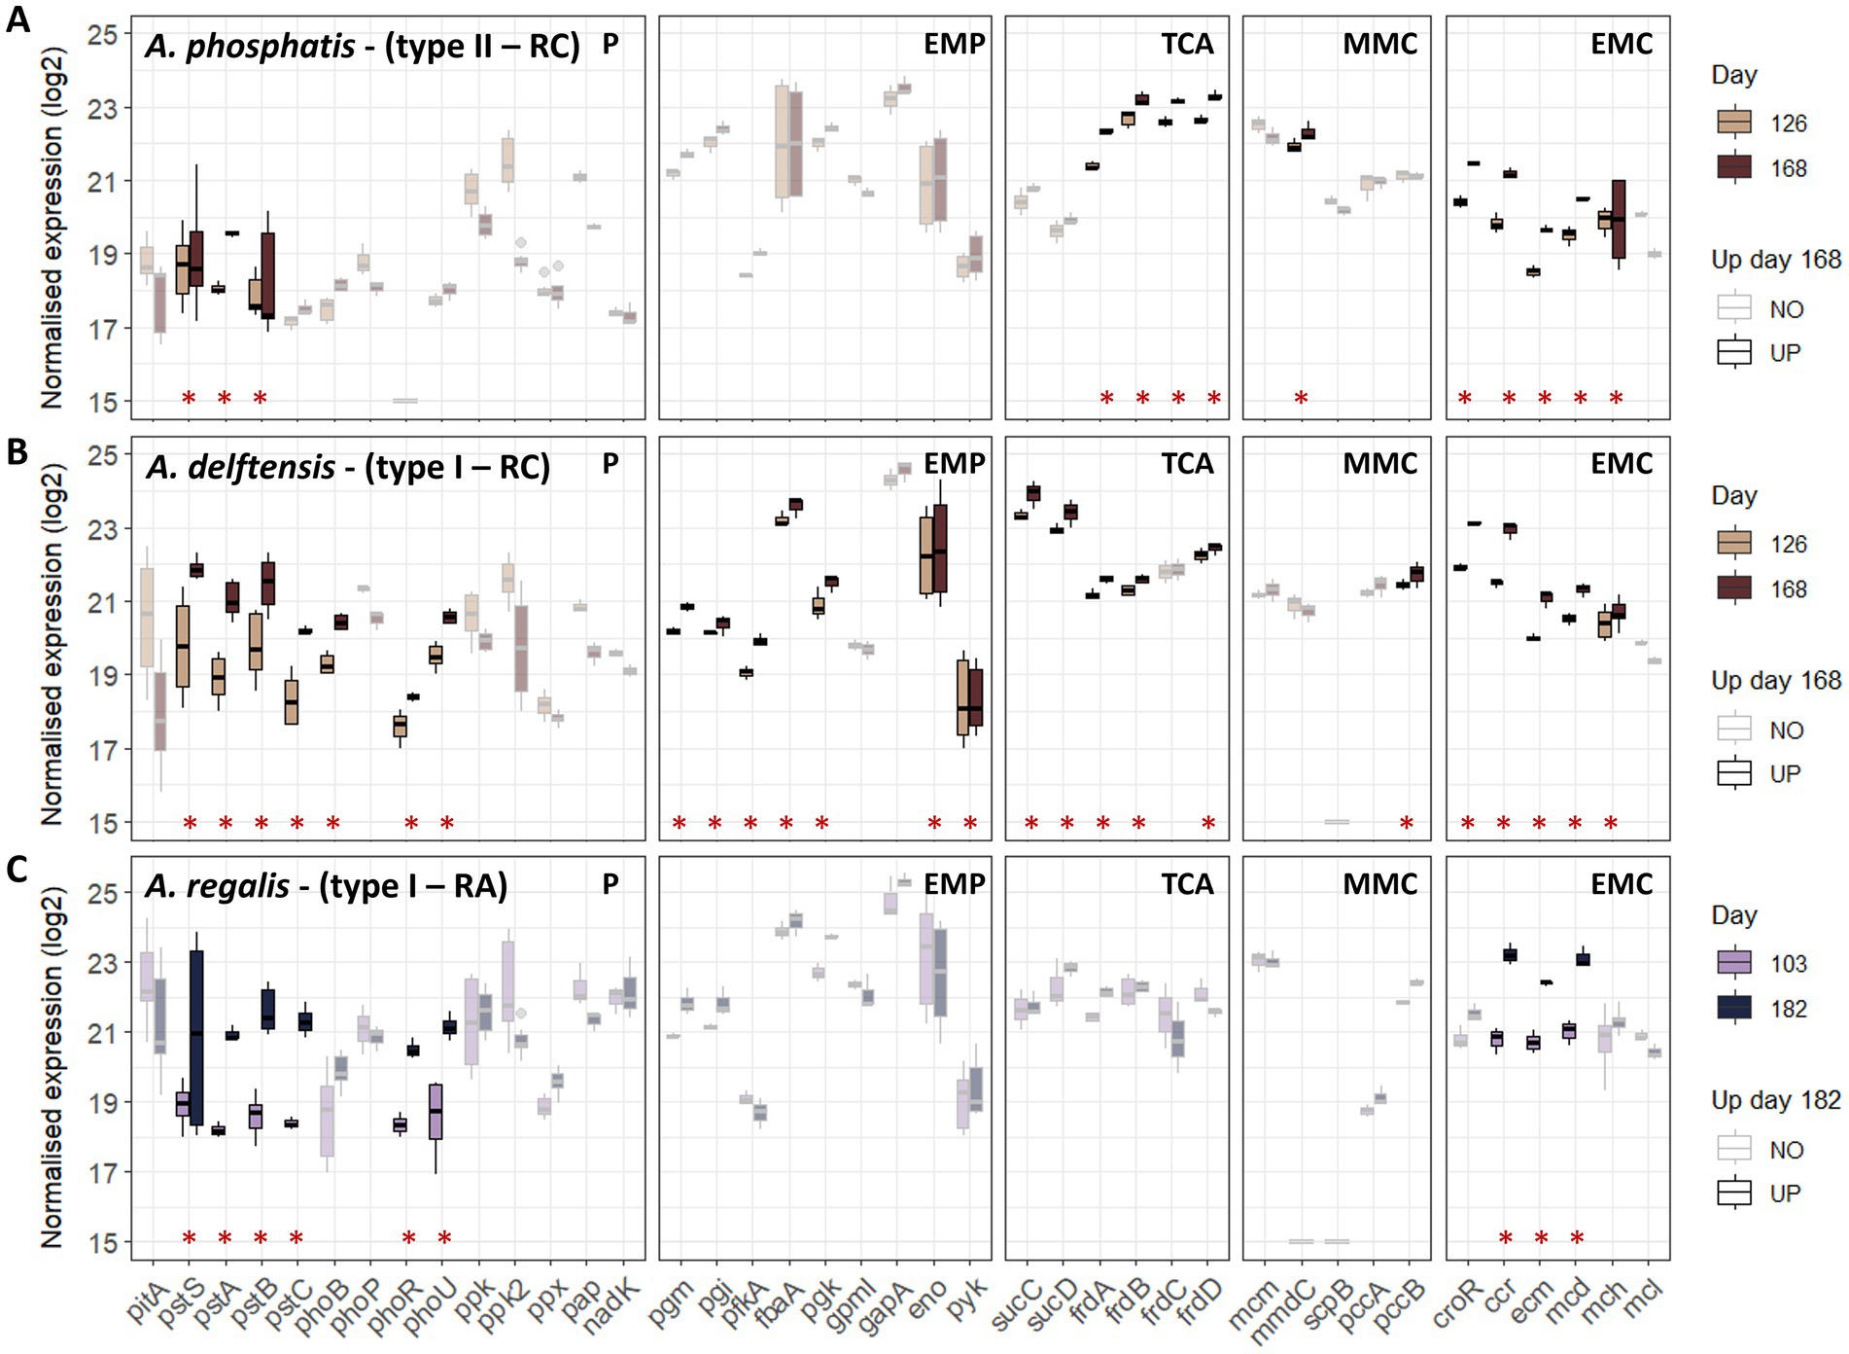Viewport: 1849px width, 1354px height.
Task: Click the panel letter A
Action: click(x=17, y=19)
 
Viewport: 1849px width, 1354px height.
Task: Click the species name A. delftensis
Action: click(x=241, y=468)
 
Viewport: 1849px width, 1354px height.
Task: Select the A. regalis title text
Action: click(x=218, y=886)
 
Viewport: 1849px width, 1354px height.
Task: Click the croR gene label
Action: click(x=1454, y=1304)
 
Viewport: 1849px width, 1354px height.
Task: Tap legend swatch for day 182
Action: click(x=1734, y=1008)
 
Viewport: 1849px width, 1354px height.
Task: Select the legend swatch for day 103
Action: click(x=1734, y=963)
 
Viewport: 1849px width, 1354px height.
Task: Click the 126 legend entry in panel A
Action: click(x=1788, y=124)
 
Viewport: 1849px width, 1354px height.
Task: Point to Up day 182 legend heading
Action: click(x=1775, y=1100)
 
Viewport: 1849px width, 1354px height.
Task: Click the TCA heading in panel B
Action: click(x=1187, y=464)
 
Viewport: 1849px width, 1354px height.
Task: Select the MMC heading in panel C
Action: click(x=1379, y=884)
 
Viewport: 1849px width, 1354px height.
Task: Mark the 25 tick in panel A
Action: click(x=102, y=35)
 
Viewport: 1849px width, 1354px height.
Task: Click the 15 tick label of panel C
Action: click(x=102, y=1243)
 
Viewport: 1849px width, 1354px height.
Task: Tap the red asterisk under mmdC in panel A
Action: click(x=1301, y=398)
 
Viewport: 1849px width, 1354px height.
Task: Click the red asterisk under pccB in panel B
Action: click(x=1406, y=824)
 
